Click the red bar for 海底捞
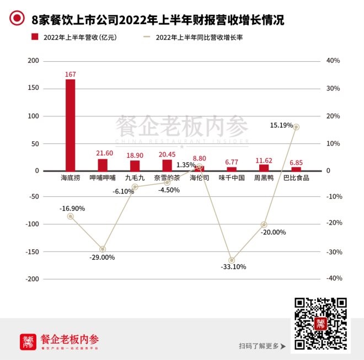(x=70, y=125)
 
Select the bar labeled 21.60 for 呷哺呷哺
(x=102, y=165)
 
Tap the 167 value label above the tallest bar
(x=70, y=74)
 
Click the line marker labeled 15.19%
(x=296, y=127)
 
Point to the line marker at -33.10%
(x=232, y=260)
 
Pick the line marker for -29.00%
(x=102, y=249)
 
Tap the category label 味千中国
(x=232, y=178)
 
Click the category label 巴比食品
(x=296, y=178)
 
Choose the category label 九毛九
(x=135, y=178)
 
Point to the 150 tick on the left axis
(x=34, y=88)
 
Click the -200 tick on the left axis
(x=32, y=279)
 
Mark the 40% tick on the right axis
(x=333, y=61)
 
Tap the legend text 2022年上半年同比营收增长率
(x=200, y=37)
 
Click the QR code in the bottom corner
(x=320, y=324)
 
